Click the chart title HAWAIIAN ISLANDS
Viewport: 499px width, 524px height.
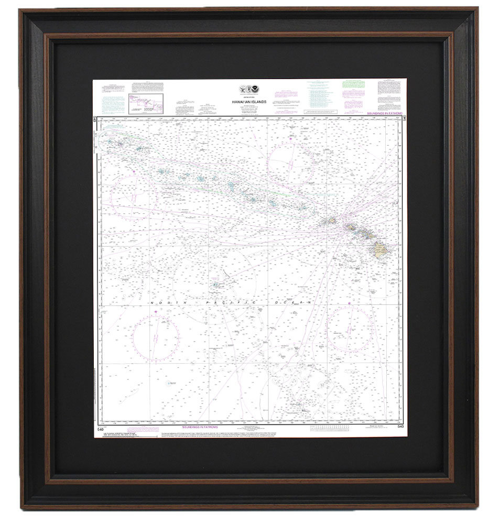coord(249,102)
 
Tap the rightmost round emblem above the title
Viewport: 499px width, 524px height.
coord(257,90)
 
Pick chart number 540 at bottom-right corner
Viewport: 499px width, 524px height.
coord(400,427)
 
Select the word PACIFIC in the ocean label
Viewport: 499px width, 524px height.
coord(232,303)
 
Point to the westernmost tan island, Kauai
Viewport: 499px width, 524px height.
coord(332,221)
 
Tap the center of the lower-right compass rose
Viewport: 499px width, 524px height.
coord(350,329)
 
